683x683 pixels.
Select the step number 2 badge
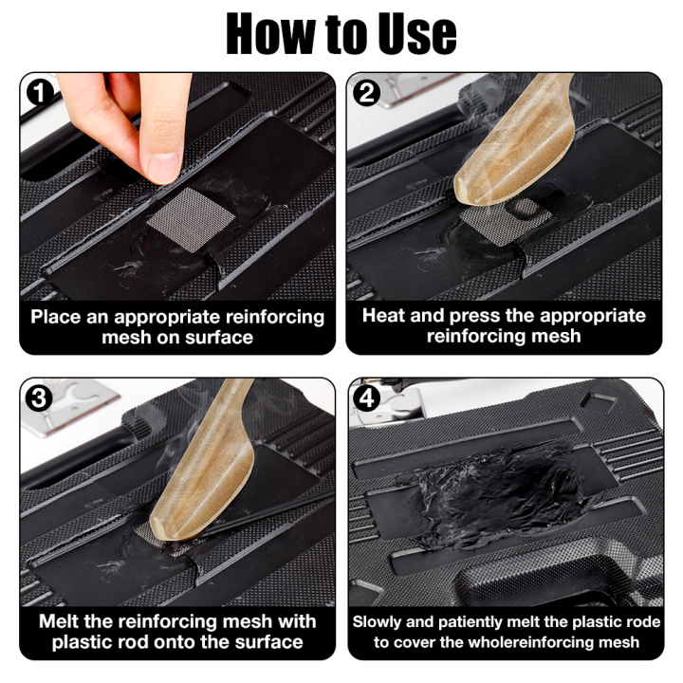coord(366,92)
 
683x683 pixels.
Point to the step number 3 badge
coord(38,397)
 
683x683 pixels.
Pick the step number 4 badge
coord(366,397)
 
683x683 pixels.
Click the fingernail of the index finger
coord(162,166)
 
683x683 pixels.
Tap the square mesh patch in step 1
coord(184,219)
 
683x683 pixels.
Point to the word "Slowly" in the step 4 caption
coord(379,623)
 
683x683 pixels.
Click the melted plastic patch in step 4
coord(493,489)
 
